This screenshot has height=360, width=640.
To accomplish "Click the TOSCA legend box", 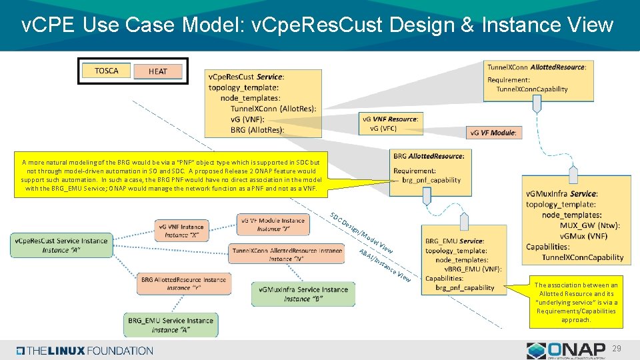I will click(x=107, y=71).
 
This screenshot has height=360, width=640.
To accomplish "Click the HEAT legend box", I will click(x=158, y=71).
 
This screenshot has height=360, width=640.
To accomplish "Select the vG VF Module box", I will click(x=493, y=133).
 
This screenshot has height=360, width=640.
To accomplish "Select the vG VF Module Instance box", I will click(x=273, y=224).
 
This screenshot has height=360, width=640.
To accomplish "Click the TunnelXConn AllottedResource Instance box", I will click(x=288, y=254).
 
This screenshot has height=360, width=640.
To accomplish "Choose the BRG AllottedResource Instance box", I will click(x=183, y=283).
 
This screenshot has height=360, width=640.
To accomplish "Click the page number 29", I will click(x=617, y=349).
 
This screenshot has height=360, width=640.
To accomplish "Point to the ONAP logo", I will click(x=567, y=351).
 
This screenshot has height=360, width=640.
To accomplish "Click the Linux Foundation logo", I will click(x=85, y=351).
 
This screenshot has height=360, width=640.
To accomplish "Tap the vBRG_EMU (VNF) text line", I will click(x=473, y=269).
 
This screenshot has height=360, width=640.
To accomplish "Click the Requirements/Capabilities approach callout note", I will click(x=577, y=302).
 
